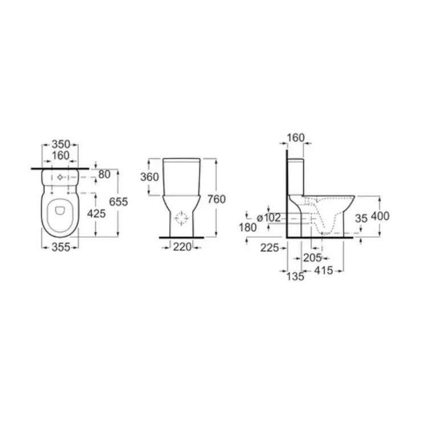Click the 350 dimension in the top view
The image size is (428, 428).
[x=61, y=144]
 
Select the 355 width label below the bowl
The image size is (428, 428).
[x=61, y=247]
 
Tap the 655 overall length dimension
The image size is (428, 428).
[x=119, y=202]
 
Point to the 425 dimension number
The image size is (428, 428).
[x=96, y=214]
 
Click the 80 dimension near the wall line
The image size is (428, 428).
[x=104, y=174]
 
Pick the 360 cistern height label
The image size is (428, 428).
[x=149, y=177]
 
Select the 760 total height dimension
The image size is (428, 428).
[x=217, y=199]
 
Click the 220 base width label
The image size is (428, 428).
[x=182, y=247]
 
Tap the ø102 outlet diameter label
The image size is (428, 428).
[x=269, y=218]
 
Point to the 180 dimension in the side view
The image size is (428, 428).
[x=248, y=227]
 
